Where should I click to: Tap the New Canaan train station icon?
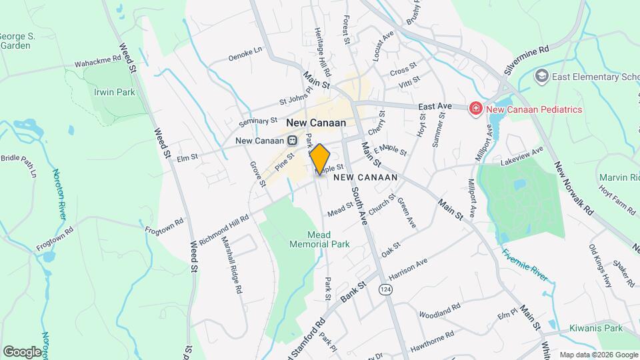[x=292, y=141]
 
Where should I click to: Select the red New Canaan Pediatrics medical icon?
[x=476, y=109]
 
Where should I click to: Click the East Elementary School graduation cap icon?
[x=541, y=77]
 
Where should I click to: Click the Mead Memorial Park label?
[x=319, y=239]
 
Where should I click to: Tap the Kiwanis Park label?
[x=595, y=328]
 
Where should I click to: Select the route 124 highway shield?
[x=385, y=290]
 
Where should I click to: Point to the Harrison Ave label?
[x=407, y=269]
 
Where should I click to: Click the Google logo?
[x=22, y=351]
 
